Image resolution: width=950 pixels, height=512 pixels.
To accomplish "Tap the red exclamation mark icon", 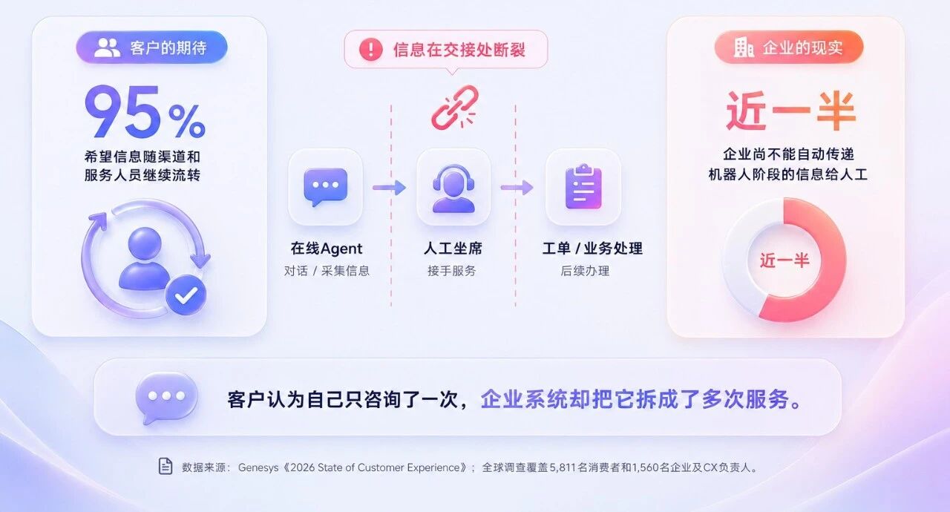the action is point(370,49).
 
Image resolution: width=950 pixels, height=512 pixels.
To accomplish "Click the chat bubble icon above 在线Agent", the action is point(325,187).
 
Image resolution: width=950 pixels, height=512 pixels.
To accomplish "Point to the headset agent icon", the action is point(453,188).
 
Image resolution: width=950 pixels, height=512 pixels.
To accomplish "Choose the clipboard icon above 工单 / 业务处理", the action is point(583,187).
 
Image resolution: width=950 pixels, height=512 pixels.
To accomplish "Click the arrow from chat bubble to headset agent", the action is point(390,187).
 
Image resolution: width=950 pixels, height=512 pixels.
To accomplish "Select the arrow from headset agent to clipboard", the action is point(517,187).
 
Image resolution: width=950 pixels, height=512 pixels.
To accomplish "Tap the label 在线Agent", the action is point(326,249).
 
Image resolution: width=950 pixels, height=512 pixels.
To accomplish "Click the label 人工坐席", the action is point(453,249).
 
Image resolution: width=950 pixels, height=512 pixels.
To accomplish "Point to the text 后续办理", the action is point(585,271).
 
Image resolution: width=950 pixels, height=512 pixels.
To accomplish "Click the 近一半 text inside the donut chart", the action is point(784,260).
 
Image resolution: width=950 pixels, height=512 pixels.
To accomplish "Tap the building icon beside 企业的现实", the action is point(744,47).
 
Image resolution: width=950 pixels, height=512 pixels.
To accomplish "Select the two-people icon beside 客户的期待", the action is point(107,47).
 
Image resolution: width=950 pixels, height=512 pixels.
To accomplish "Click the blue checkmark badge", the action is point(186,295).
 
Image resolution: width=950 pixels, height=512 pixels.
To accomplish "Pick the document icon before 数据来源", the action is point(165,466).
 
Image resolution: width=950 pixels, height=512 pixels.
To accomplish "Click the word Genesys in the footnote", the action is point(258,467).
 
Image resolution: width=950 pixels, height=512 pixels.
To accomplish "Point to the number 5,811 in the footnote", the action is point(563,467).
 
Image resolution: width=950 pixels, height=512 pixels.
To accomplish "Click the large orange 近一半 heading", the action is point(790,111).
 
